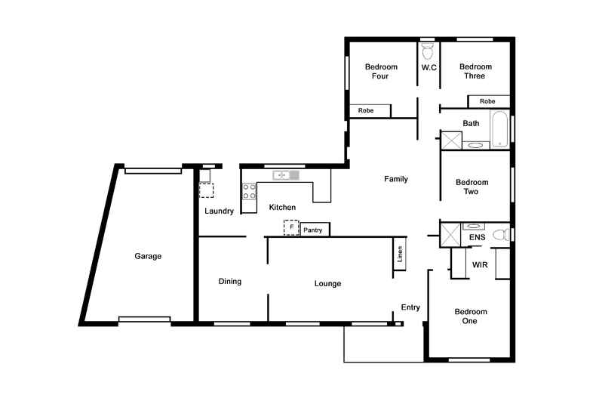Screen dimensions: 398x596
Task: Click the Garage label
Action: [x=148, y=256]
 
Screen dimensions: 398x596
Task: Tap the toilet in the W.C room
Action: [x=428, y=51]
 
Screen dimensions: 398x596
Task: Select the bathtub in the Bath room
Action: [x=499, y=129]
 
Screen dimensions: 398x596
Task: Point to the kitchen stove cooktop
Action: [x=248, y=191]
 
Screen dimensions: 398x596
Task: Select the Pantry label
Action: [x=313, y=230]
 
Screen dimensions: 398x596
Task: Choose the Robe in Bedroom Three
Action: [x=487, y=101]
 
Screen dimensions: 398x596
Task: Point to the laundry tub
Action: [x=204, y=176]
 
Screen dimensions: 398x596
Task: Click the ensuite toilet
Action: [x=499, y=236]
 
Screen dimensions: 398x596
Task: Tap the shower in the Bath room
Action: [x=451, y=140]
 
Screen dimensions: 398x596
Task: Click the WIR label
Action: [x=480, y=265]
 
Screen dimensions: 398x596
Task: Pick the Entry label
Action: [x=410, y=307]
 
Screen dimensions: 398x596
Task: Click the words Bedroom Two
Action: [x=472, y=187]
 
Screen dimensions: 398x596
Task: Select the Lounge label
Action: [x=327, y=284]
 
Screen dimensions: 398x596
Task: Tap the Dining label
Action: [x=229, y=282]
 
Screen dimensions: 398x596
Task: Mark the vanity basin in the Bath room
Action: [x=475, y=144]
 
